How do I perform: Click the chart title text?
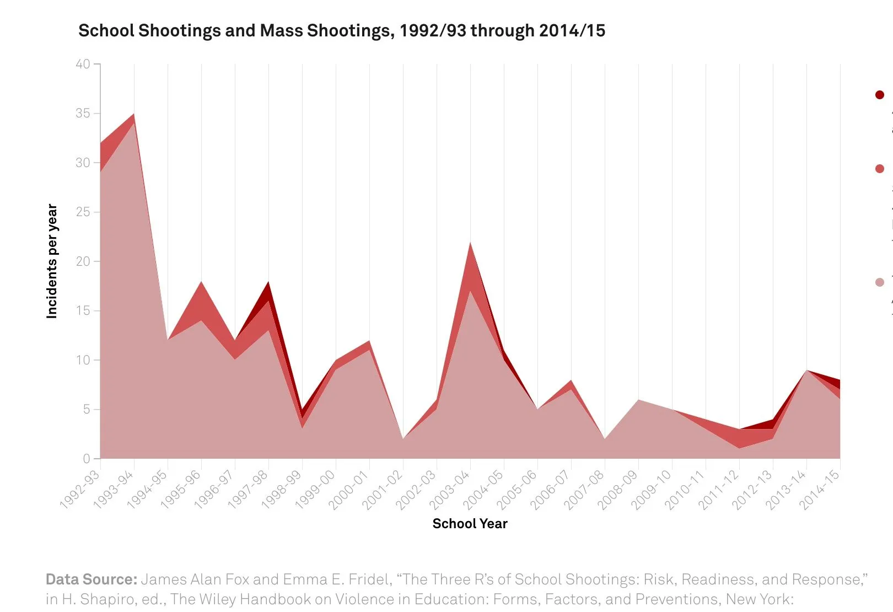click(x=342, y=30)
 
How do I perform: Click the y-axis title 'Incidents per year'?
click(x=52, y=261)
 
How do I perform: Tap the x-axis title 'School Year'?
click(x=470, y=523)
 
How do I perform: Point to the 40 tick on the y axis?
click(x=83, y=64)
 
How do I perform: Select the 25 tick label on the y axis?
click(x=83, y=212)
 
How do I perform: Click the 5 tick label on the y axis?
click(x=87, y=409)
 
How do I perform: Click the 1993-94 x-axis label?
click(x=114, y=490)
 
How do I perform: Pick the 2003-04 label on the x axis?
click(x=450, y=490)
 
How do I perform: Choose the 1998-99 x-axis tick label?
click(x=282, y=490)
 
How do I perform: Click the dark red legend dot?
click(x=879, y=95)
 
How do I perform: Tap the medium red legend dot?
click(x=879, y=169)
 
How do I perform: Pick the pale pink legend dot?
click(x=879, y=282)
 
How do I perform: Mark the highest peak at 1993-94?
click(x=134, y=114)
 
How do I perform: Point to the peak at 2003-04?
click(x=470, y=243)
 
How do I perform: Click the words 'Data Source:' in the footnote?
click(x=91, y=579)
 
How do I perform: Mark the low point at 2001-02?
click(x=403, y=438)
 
